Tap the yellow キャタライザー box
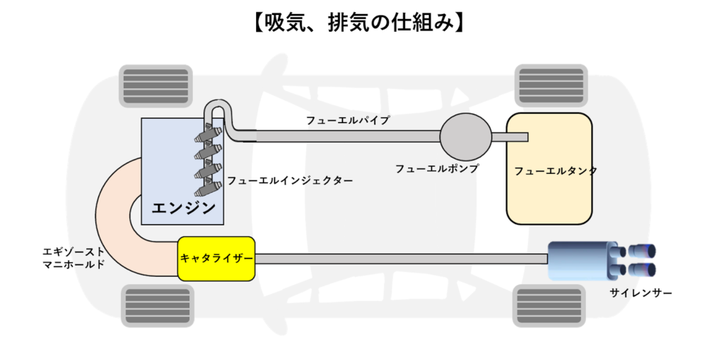point(216,259)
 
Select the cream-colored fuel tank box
point(549,169)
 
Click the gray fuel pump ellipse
point(465,137)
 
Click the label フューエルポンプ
point(437,169)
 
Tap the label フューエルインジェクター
point(290,181)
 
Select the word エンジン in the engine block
point(183,208)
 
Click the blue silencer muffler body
point(581,260)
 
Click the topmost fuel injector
point(210,134)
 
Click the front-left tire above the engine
point(156,86)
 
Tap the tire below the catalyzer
point(156,304)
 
